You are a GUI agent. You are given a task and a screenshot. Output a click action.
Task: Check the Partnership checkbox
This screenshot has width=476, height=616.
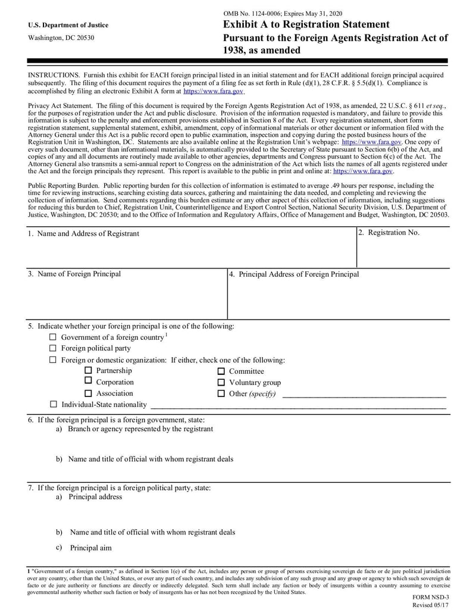pos(88,370)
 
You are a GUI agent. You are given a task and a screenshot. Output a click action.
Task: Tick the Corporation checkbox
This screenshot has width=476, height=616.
pos(88,381)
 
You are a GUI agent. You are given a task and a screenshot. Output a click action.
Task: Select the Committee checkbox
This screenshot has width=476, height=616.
pos(221,371)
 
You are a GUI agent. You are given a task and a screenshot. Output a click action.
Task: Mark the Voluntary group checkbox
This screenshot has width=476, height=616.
pos(221,383)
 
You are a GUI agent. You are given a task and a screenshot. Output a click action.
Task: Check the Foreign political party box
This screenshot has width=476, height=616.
pos(53,348)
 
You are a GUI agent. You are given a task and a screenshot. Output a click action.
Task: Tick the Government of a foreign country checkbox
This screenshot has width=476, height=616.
pos(53,337)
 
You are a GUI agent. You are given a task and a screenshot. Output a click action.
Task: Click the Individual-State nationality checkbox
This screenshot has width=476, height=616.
pos(53,405)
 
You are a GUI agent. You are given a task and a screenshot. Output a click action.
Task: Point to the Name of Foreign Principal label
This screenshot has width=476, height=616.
pos(79,274)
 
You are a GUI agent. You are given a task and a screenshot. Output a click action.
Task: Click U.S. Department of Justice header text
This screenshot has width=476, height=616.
pos(68,25)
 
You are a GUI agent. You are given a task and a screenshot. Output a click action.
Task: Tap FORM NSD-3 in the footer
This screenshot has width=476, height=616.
pos(431,596)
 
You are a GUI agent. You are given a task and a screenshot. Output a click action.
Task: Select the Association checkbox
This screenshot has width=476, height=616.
pos(88,393)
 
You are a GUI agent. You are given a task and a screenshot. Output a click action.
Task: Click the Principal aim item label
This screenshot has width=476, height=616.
pos(90,548)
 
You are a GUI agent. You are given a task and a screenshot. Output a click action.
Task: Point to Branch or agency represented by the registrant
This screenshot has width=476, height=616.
pos(140,429)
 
